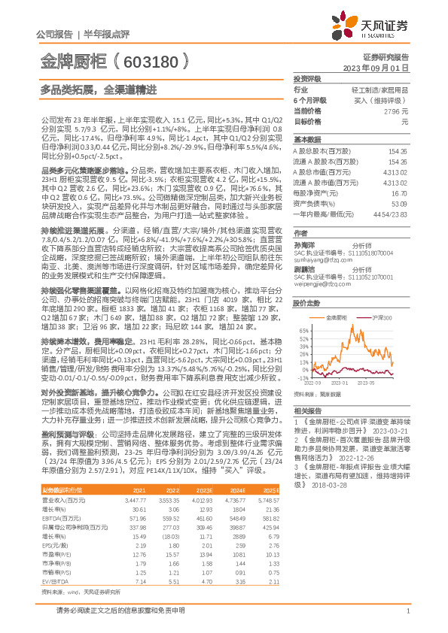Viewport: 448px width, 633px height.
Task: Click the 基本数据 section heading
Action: point(307,140)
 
